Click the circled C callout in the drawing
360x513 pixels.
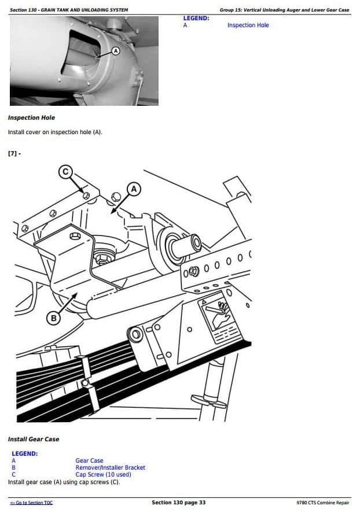tap(65, 172)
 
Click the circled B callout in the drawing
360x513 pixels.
tap(54, 318)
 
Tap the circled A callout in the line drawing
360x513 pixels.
tap(134, 189)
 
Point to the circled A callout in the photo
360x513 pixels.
tap(116, 51)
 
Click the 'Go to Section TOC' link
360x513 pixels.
tap(31, 503)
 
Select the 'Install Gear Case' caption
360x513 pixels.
tap(34, 439)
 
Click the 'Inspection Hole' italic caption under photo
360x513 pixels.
tap(31, 117)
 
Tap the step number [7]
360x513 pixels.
tap(14, 153)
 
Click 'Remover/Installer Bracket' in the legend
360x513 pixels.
tap(111, 467)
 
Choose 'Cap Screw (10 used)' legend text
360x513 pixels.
tap(103, 474)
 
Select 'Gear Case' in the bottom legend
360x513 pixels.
tap(89, 460)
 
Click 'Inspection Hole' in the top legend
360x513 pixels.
tap(248, 25)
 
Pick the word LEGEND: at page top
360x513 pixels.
tap(196, 19)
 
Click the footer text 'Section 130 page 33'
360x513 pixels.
tap(179, 503)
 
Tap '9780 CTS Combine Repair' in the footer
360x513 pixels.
tap(323, 503)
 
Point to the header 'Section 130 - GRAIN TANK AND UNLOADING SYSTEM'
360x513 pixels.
tap(69, 10)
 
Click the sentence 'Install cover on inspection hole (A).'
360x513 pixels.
tap(55, 132)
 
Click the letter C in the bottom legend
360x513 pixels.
tap(13, 474)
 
